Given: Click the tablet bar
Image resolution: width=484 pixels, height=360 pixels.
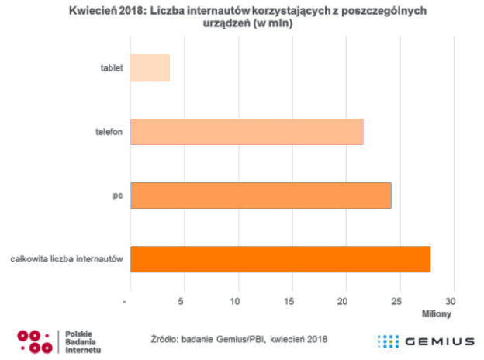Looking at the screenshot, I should [150, 68].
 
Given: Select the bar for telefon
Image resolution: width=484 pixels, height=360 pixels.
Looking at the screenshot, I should [247, 132].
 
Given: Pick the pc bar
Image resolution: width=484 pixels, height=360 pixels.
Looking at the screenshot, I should [261, 195].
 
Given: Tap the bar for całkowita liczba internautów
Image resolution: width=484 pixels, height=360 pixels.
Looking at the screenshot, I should [280, 258].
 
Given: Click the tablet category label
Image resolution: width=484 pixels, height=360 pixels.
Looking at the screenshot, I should [112, 68].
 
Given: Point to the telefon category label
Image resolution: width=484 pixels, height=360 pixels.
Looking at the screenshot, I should [109, 132].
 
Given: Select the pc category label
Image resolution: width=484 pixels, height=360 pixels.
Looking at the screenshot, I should [118, 196].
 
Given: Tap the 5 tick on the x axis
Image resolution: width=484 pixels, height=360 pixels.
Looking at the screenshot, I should [181, 299].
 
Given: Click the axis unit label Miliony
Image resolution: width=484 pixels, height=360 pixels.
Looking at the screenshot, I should [436, 314].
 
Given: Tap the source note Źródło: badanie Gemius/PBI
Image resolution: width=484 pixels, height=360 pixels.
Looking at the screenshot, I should [205, 339].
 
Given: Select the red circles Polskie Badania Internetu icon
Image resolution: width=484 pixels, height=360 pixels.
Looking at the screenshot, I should [35, 341].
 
